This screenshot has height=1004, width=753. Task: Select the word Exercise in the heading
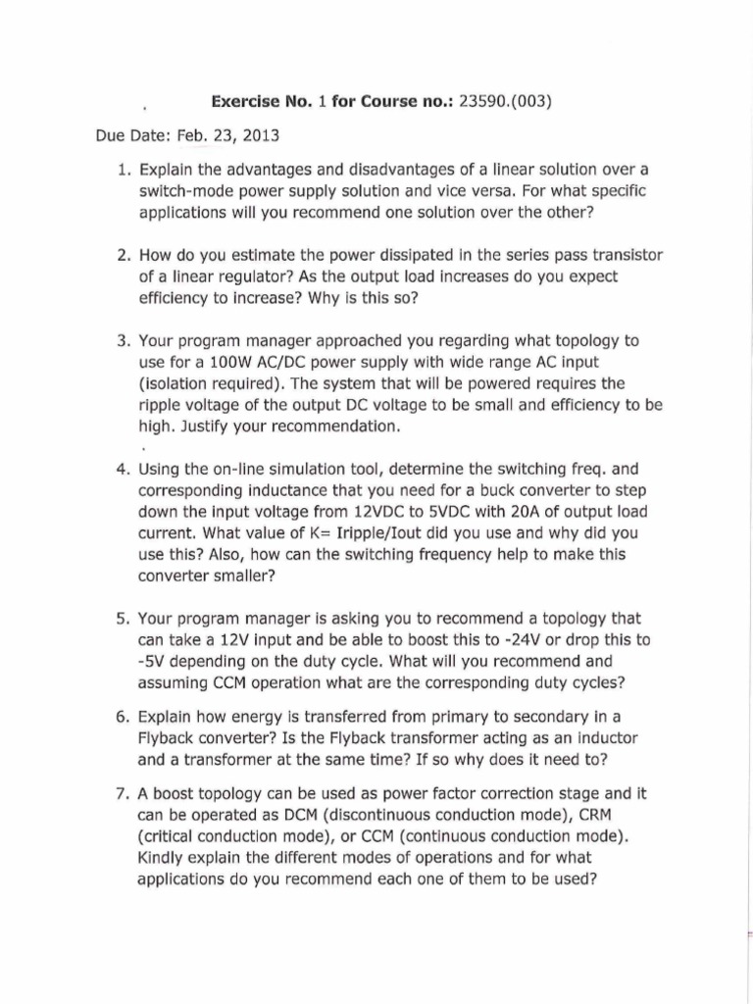point(245,101)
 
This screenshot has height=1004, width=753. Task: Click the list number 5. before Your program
point(124,619)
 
